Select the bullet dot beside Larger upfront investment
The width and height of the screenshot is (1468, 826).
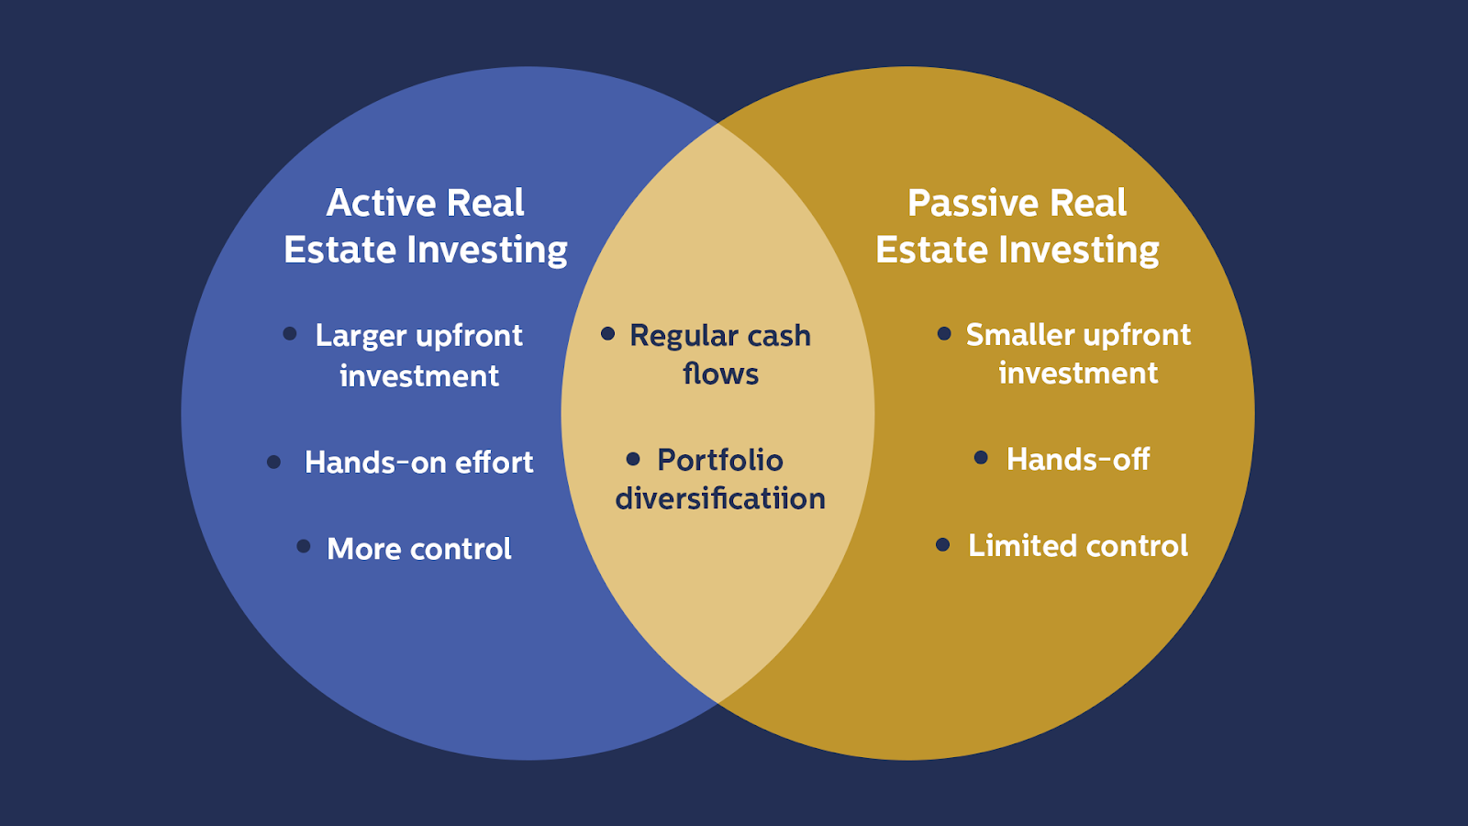[x=290, y=334]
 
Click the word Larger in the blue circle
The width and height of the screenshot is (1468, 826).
[x=360, y=336]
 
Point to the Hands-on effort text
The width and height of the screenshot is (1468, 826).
[x=418, y=462]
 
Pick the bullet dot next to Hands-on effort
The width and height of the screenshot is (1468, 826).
[x=273, y=462]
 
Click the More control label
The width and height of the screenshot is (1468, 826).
[x=419, y=549]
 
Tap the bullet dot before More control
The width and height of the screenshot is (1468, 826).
[x=304, y=546]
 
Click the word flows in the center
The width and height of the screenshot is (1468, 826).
[x=721, y=374]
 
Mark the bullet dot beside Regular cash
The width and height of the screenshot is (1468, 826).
[x=607, y=333]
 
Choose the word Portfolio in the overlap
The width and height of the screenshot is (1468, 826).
[x=720, y=460]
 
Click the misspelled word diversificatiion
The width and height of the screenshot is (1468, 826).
[x=720, y=499]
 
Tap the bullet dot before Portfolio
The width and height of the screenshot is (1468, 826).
[x=633, y=458]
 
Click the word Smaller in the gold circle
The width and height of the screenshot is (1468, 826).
[x=1020, y=335]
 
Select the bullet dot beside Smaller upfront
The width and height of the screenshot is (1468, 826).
[x=944, y=333]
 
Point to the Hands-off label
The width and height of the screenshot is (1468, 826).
[x=1078, y=459]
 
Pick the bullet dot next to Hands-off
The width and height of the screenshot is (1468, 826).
[x=981, y=457]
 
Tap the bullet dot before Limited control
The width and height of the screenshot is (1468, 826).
[x=942, y=545]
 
